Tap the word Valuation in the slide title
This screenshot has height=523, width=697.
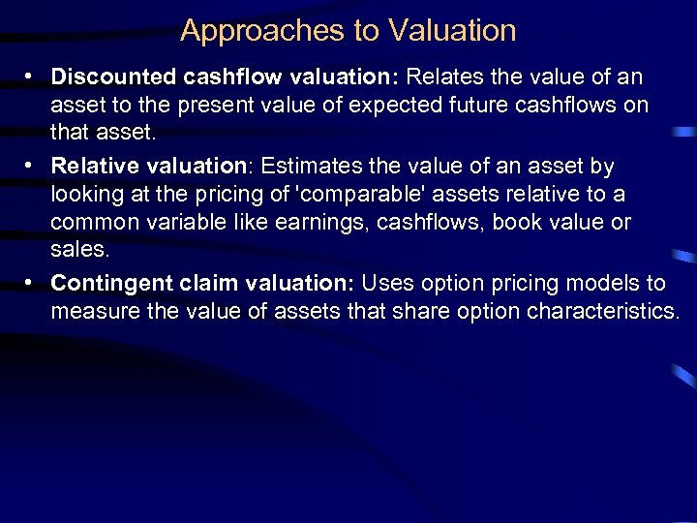click(x=452, y=31)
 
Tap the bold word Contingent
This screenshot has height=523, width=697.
click(x=111, y=283)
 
